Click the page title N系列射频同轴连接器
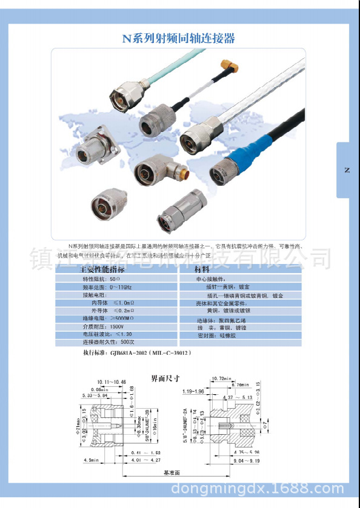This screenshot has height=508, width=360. click(x=179, y=38)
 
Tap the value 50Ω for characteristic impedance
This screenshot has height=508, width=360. click(x=115, y=279)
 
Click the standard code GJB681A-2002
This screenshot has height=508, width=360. click(x=131, y=352)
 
